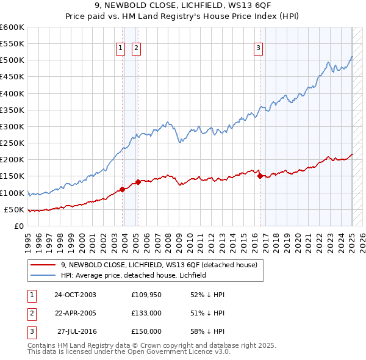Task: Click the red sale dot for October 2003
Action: coord(122,189)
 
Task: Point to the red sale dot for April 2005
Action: coord(138,181)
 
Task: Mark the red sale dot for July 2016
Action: coord(260,176)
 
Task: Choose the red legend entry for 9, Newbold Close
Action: coord(159,265)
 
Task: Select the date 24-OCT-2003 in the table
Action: coord(75,295)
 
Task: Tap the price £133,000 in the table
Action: coord(146,313)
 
